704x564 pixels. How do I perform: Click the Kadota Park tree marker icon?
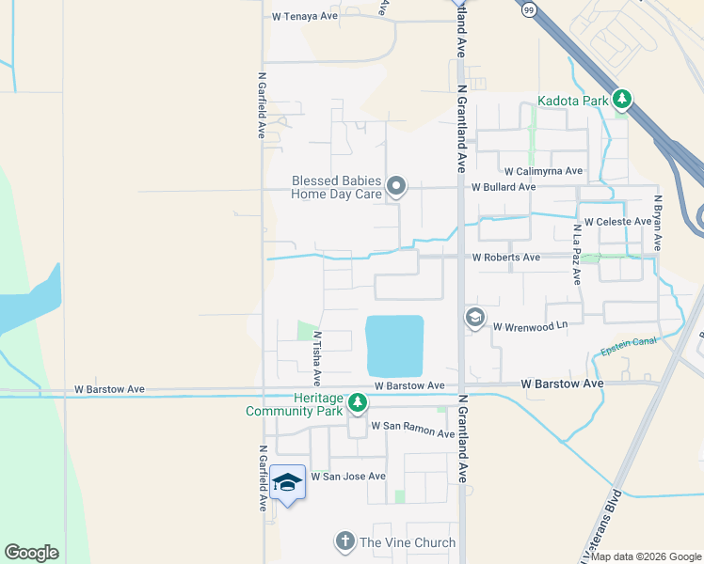[x=621, y=100]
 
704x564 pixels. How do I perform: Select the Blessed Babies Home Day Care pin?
[x=397, y=186]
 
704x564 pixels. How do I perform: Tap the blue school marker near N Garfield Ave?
[x=287, y=483]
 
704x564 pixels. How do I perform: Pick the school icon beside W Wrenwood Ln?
[x=474, y=319]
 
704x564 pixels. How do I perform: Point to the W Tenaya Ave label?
[x=304, y=16]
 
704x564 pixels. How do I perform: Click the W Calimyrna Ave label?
[x=543, y=172]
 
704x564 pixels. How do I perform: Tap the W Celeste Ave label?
[x=617, y=222]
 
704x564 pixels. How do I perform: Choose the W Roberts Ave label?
[x=506, y=257]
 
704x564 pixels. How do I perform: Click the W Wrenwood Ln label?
[x=531, y=325]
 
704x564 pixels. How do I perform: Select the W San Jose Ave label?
[x=349, y=477]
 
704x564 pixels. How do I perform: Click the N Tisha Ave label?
[x=317, y=358]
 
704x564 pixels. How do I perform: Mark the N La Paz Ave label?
[x=577, y=254]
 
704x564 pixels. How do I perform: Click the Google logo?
[x=31, y=553]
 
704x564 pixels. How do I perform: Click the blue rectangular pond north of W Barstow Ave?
[x=394, y=345]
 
